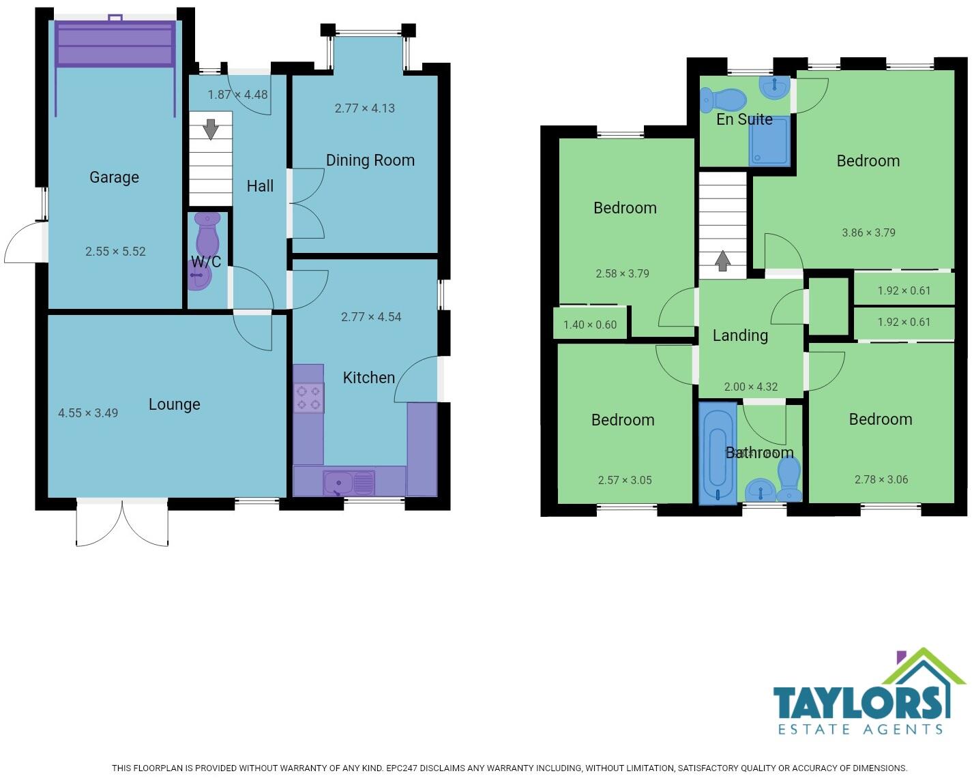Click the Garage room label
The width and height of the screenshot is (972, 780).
click(x=114, y=177)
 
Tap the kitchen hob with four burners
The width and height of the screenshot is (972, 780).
click(x=308, y=398)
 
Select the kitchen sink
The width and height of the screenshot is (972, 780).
click(x=348, y=483)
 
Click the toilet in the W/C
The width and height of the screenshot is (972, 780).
click(x=207, y=234)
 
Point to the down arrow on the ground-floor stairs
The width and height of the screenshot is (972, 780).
click(x=211, y=128)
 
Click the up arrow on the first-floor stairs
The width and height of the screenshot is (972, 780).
click(x=722, y=260)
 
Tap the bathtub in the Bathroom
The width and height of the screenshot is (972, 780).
click(x=718, y=453)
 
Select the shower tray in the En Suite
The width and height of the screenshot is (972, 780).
click(x=769, y=141)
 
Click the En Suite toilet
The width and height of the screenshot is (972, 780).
click(x=723, y=100)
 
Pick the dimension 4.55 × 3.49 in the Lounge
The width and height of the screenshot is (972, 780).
click(x=88, y=413)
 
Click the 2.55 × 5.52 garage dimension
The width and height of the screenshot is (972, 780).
click(x=115, y=252)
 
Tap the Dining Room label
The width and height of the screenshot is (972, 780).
click(x=370, y=160)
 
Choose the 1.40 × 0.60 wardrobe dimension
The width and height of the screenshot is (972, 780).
click(x=590, y=325)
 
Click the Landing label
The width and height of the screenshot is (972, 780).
click(x=740, y=335)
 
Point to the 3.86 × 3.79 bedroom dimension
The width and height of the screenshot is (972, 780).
click(x=868, y=232)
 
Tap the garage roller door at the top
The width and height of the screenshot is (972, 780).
click(x=115, y=44)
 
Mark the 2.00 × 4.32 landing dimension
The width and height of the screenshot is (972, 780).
click(x=750, y=387)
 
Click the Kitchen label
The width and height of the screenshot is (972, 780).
click(x=368, y=378)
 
